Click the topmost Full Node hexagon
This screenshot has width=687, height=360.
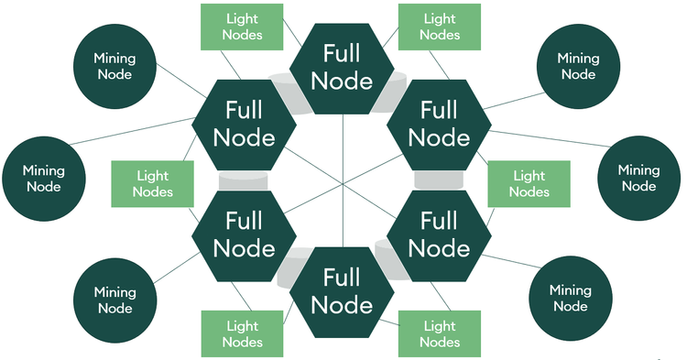[x=342, y=68]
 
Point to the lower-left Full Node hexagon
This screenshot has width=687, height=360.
[x=244, y=235]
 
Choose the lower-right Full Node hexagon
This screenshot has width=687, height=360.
[x=439, y=235]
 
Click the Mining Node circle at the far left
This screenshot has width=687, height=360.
[x=44, y=179]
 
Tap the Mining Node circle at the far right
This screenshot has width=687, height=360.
[x=638, y=178]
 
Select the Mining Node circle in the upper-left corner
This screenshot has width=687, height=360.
[x=114, y=65]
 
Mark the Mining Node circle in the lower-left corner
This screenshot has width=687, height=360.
[x=114, y=300]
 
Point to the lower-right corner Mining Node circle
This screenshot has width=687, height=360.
[x=571, y=298]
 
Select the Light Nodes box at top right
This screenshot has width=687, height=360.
[x=439, y=27]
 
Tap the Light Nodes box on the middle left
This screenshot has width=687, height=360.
[x=152, y=183]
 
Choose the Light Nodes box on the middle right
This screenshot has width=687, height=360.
[x=529, y=183]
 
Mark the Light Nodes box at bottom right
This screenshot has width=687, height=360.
[x=439, y=334]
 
